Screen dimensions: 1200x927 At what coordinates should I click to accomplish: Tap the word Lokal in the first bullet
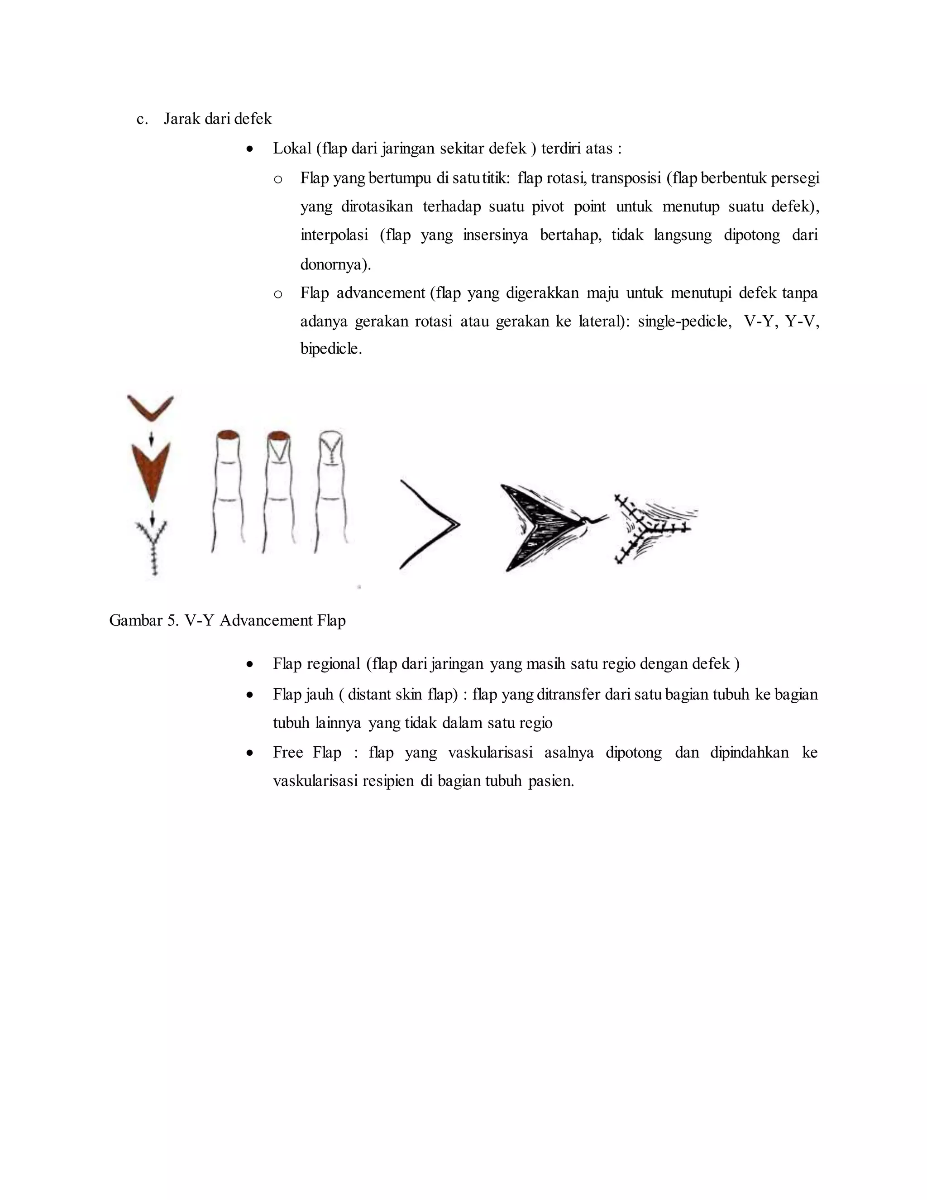tap(292, 149)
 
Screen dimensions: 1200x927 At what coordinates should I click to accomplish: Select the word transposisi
tap(626, 178)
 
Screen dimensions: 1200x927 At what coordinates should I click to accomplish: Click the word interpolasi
tap(334, 235)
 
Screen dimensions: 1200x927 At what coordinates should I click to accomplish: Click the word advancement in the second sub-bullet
tap(381, 293)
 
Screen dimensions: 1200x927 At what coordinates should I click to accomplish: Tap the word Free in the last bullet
tap(288, 752)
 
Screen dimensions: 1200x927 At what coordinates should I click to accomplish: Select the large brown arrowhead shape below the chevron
tap(151, 467)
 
